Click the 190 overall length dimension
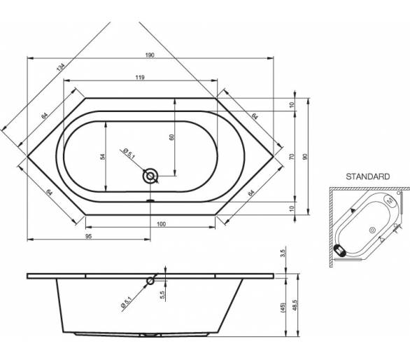coord(150,55)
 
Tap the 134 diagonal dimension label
coord(60,67)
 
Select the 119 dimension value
coord(140,77)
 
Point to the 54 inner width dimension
coord(102,157)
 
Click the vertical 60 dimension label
coord(171,137)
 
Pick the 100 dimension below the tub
coord(161,224)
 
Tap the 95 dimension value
coord(89,236)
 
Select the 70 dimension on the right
coord(292,157)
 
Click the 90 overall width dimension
coord(304,157)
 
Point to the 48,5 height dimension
coord(295,305)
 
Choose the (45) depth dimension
coord(283,307)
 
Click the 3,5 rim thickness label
coord(283,253)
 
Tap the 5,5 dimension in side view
coord(162,295)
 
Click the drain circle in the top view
coord(150,176)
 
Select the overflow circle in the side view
coord(150,281)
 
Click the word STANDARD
coord(367,176)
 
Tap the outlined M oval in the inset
coord(390,201)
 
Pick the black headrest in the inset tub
coord(340,250)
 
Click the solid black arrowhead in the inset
coord(353,209)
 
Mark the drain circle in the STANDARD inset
coord(372,230)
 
